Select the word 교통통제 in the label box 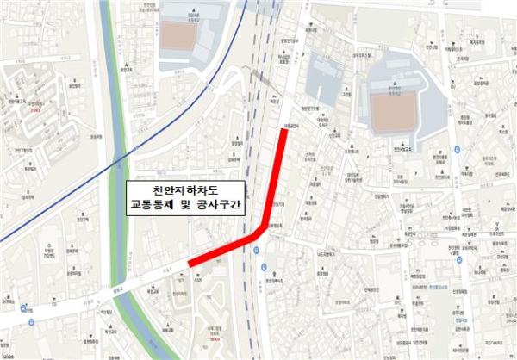153,207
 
